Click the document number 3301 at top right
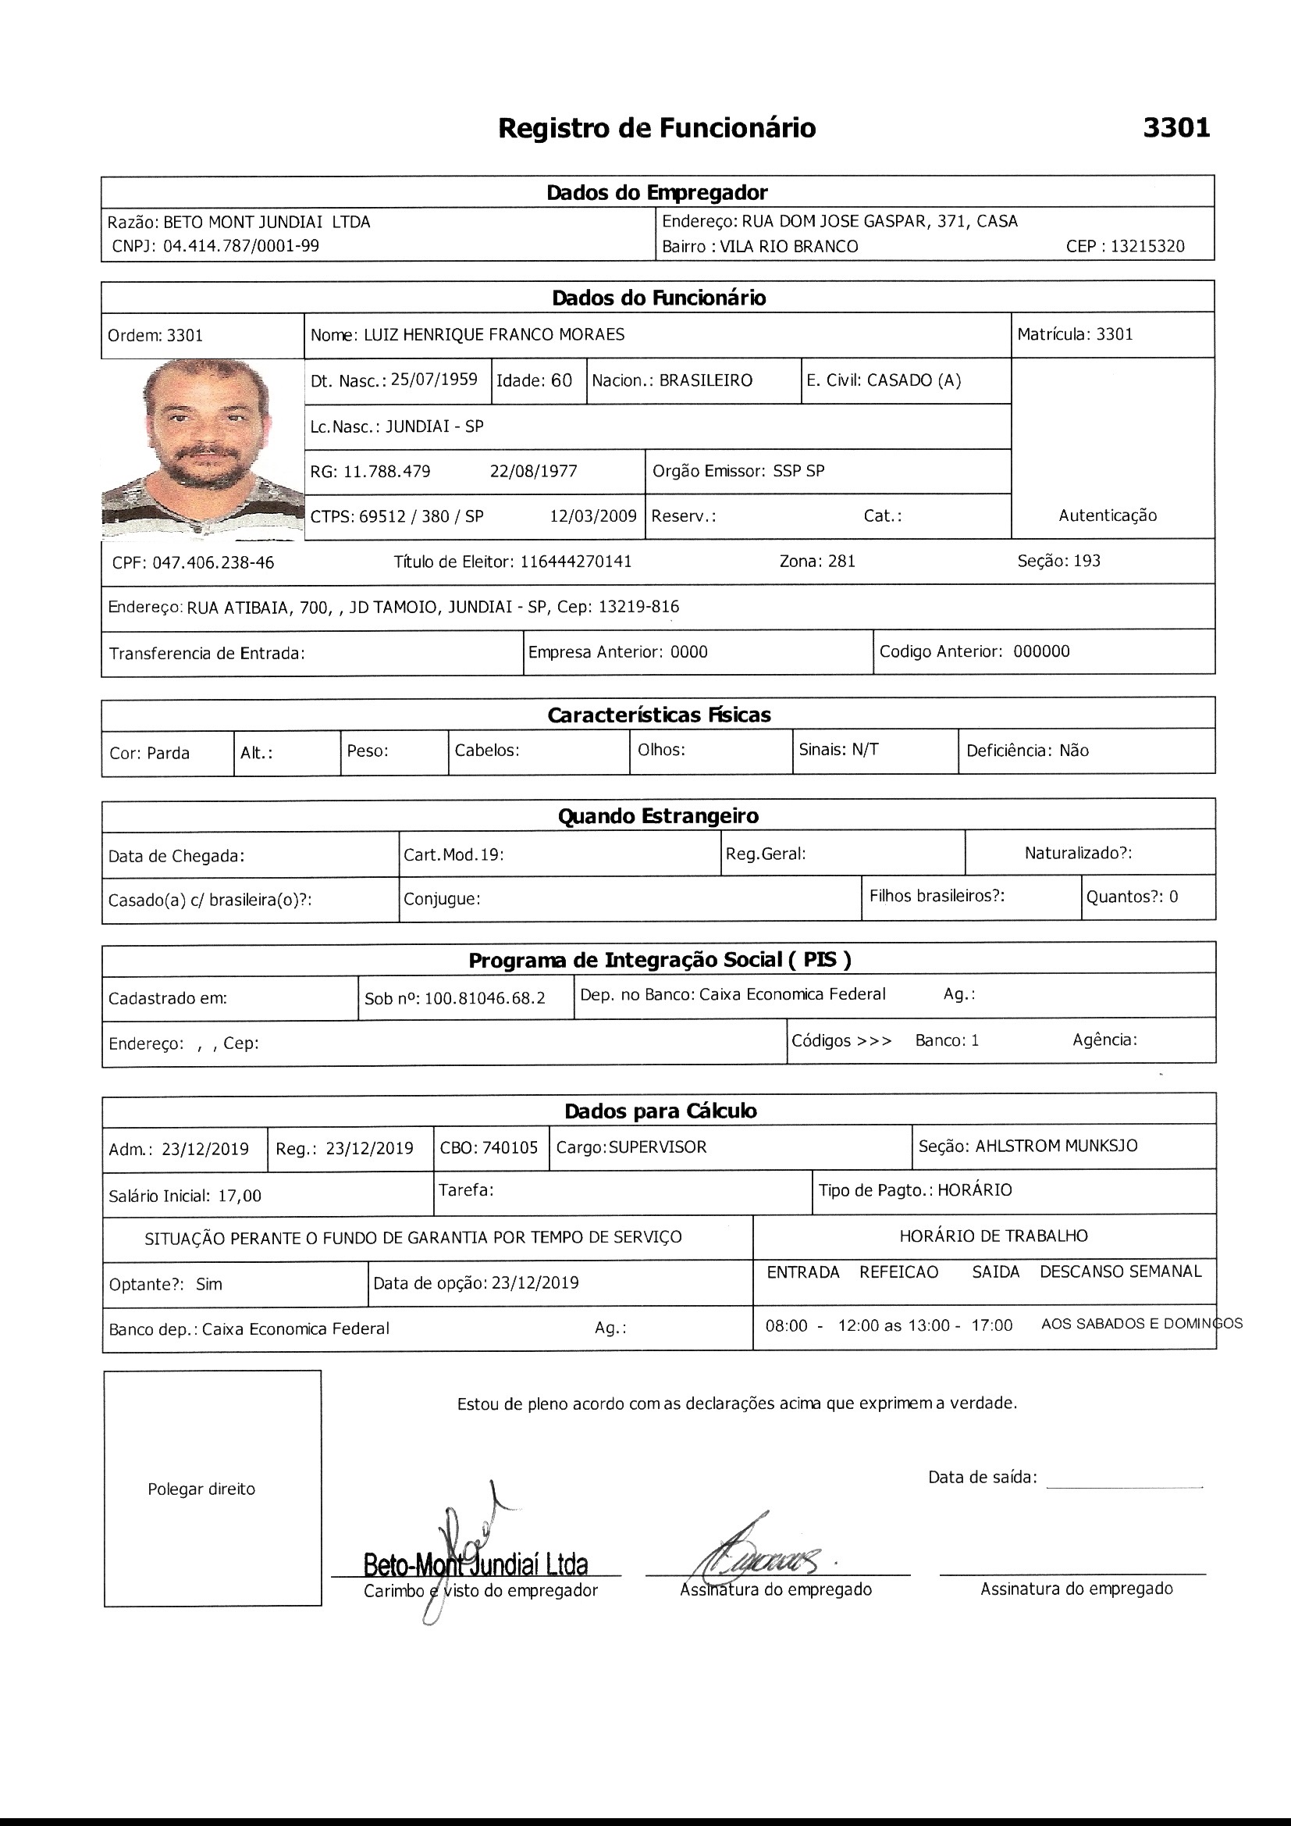[x=1175, y=128]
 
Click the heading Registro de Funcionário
[x=656, y=128]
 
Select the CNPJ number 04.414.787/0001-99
[x=241, y=246]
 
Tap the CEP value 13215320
[x=1147, y=247]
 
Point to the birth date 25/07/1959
[x=434, y=380]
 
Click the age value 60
[x=561, y=380]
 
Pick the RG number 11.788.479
[x=386, y=472]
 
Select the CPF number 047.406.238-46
[x=213, y=563]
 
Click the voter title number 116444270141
[x=575, y=562]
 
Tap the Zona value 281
[x=841, y=562]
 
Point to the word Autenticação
[x=1108, y=515]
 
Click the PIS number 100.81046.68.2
[x=485, y=998]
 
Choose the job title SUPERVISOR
[x=657, y=1147]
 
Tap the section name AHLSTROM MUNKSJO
[x=1057, y=1146]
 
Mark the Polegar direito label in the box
[x=201, y=1489]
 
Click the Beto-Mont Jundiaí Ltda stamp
[x=475, y=1564]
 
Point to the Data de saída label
[x=982, y=1478]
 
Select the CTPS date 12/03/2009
[x=593, y=516]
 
